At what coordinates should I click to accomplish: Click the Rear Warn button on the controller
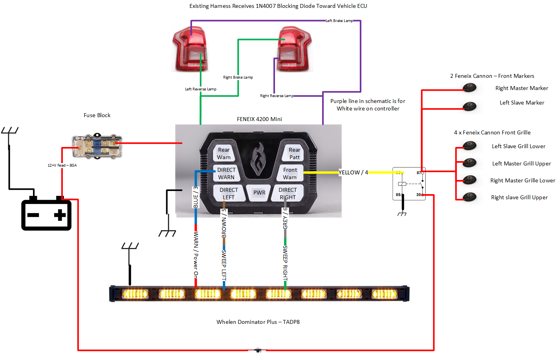point(224,154)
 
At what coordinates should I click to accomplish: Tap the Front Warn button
point(290,173)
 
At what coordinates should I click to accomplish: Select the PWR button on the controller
point(259,193)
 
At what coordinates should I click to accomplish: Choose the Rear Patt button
point(294,154)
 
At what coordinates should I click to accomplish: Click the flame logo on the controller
point(258,159)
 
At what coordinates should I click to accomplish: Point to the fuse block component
point(97,146)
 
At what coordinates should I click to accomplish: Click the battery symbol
point(46,215)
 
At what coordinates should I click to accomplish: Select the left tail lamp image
point(190,49)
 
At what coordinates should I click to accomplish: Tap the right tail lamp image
point(294,49)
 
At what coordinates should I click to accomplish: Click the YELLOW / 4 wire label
point(354,173)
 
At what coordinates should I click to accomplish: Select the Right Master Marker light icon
point(469,88)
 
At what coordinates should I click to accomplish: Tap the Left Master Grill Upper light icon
point(469,163)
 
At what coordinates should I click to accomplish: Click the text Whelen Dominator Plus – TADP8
point(258,322)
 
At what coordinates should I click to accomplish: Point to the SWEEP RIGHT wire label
point(285,263)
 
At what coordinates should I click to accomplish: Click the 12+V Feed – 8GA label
point(62,165)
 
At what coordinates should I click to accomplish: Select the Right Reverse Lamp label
point(277,96)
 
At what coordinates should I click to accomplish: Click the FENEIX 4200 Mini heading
point(259,119)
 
